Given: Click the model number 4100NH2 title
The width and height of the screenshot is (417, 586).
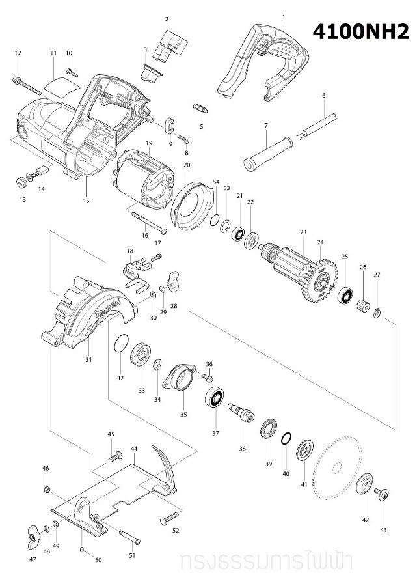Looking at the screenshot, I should [361, 33].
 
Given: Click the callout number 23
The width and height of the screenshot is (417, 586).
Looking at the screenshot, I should [303, 232].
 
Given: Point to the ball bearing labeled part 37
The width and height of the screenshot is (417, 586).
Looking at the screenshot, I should [215, 398].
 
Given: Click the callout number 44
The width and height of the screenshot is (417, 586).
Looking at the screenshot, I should [134, 449].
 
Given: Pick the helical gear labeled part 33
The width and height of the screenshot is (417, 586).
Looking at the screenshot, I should [139, 357].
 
